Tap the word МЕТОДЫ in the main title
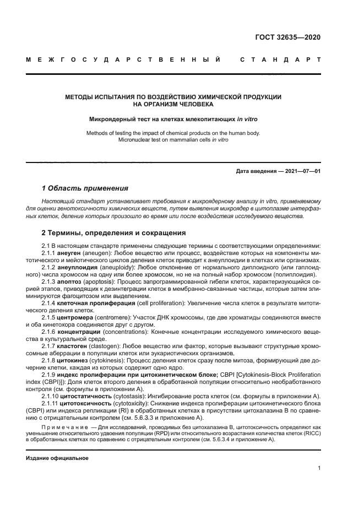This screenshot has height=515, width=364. click(79, 97)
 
